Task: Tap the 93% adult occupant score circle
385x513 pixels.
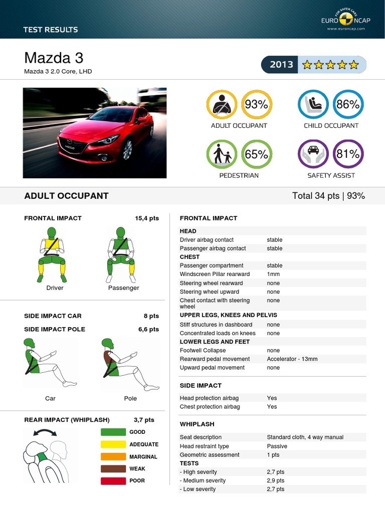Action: (x=257, y=105)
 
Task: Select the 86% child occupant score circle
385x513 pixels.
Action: (x=348, y=105)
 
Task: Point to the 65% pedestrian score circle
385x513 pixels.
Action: (x=257, y=155)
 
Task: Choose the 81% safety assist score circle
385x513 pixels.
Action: (x=348, y=155)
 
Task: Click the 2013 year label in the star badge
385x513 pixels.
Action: (x=281, y=65)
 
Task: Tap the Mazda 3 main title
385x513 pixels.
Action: (x=54, y=58)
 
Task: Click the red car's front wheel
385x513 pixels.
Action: (x=127, y=149)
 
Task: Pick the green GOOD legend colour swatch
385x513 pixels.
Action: (x=113, y=432)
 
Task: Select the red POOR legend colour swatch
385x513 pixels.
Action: (x=113, y=481)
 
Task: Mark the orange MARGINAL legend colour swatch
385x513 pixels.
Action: (x=113, y=456)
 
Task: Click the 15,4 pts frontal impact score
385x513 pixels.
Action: (x=147, y=218)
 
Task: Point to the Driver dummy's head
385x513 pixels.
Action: (x=52, y=232)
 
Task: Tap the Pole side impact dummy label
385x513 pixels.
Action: (x=130, y=398)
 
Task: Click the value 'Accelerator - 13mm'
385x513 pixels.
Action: (x=292, y=359)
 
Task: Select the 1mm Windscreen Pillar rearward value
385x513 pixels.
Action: (x=273, y=275)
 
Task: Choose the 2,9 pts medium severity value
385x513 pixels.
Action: (x=275, y=480)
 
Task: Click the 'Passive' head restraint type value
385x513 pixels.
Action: (x=277, y=446)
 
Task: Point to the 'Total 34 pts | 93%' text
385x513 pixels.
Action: (x=328, y=196)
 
